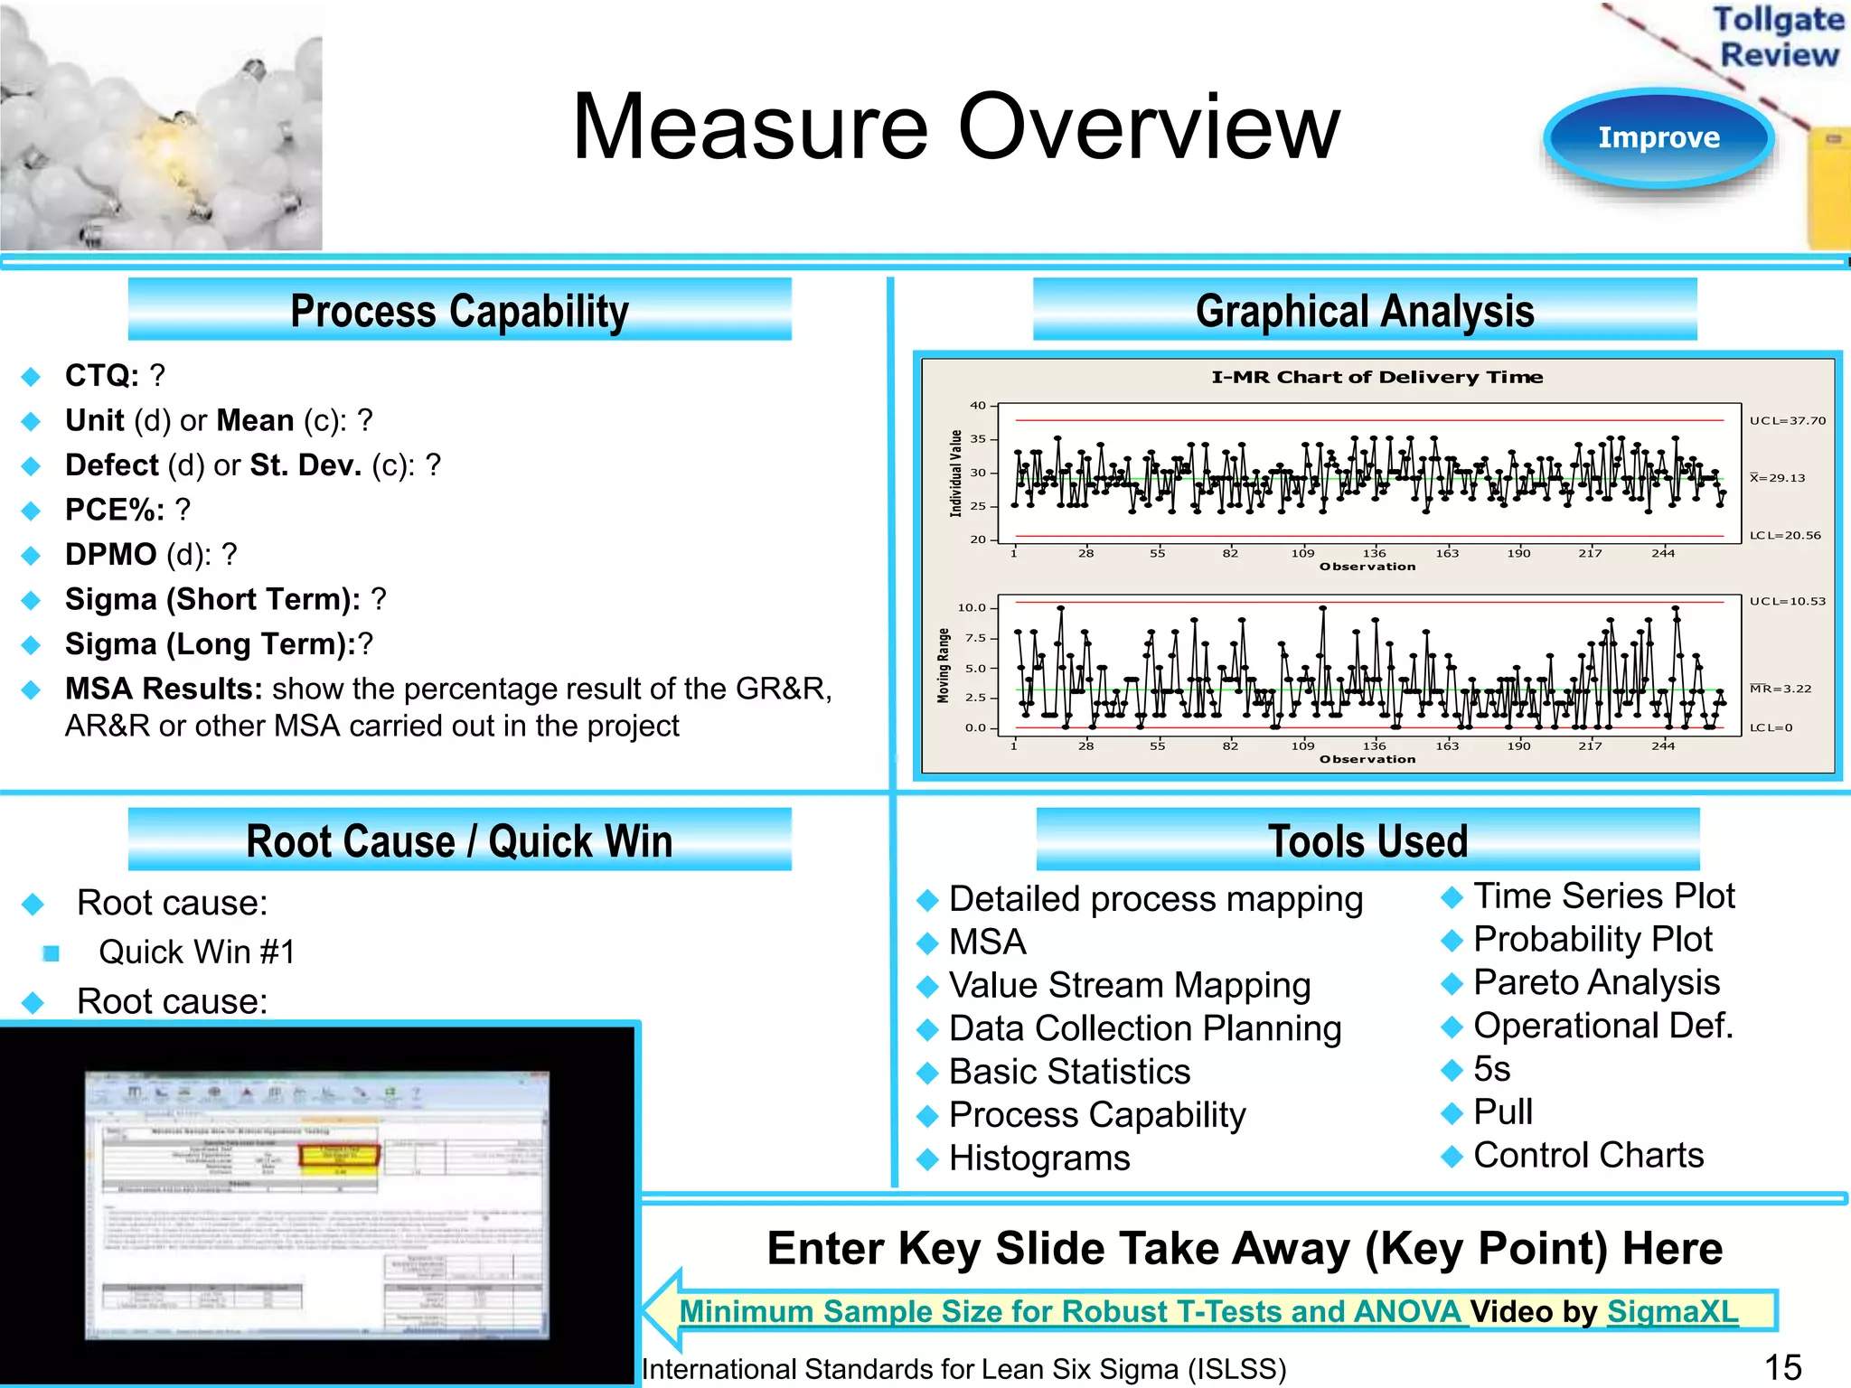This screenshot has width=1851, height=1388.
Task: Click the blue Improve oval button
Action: coord(1658,138)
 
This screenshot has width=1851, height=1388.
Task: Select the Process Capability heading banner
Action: coord(459,310)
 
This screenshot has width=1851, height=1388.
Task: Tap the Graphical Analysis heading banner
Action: coord(1364,310)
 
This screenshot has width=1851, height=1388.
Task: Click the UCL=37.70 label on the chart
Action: coord(1787,420)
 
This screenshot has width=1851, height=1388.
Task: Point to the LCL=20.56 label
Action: coord(1785,535)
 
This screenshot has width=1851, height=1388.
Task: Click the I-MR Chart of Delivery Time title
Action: coord(1377,377)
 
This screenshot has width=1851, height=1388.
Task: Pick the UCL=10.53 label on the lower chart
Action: coord(1787,601)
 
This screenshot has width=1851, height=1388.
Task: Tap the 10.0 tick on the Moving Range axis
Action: coord(972,607)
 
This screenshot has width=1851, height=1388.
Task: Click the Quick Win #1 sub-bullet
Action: coord(197,952)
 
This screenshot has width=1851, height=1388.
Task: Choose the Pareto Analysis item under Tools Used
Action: coord(1596,982)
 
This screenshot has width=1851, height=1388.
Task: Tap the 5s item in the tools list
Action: coord(1491,1069)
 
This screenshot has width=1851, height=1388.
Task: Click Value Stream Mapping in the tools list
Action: coord(1129,985)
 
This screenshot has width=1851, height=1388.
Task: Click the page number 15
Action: coord(1782,1367)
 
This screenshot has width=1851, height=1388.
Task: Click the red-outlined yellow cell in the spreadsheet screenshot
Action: coord(339,1157)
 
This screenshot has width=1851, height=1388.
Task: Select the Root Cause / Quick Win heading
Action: coord(459,840)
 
